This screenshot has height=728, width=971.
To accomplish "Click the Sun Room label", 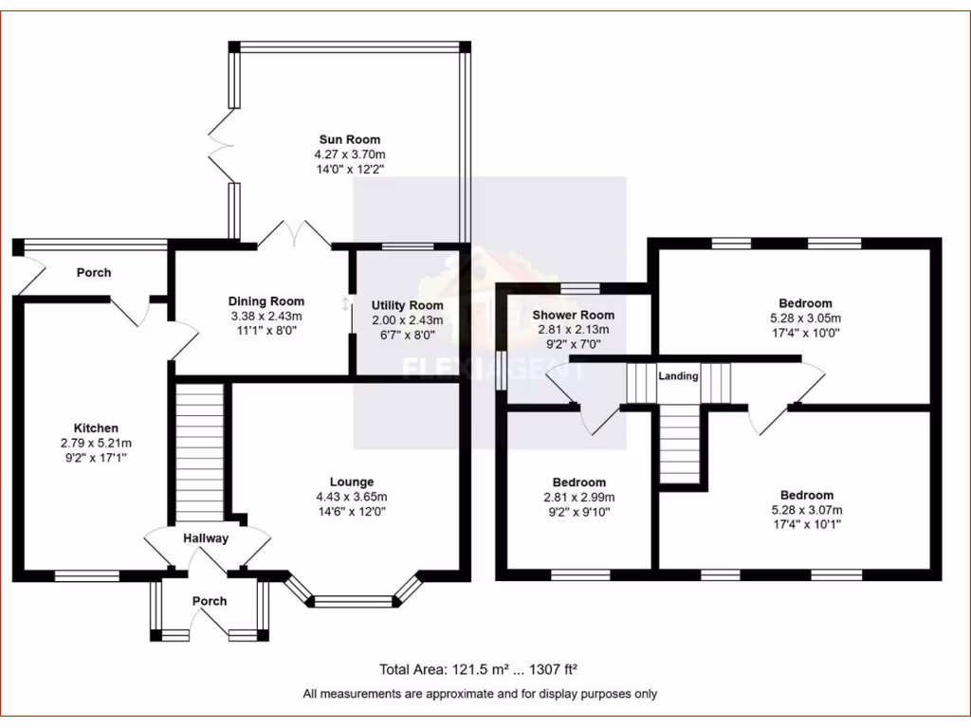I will [350, 139].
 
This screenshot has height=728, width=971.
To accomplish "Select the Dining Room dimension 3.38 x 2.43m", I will [266, 317].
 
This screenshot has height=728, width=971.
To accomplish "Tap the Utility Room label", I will [407, 305].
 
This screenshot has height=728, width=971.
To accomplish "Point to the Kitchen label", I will [96, 428].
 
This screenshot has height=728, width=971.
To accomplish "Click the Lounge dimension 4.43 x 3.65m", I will [351, 496].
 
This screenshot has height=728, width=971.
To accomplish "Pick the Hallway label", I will [206, 538].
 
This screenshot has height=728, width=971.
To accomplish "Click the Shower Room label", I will [573, 315].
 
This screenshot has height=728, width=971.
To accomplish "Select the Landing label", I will [679, 376].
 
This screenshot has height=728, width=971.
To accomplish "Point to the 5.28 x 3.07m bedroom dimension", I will [806, 509].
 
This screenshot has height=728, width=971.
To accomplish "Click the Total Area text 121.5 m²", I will [443, 669].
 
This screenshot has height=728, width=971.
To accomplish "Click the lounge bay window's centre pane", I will [353, 601].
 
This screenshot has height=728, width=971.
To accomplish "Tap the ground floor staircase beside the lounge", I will [200, 450].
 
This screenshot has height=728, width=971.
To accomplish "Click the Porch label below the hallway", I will [210, 601].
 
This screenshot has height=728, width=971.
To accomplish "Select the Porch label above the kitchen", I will [93, 273].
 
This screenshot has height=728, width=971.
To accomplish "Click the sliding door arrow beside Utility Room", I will [345, 304].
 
